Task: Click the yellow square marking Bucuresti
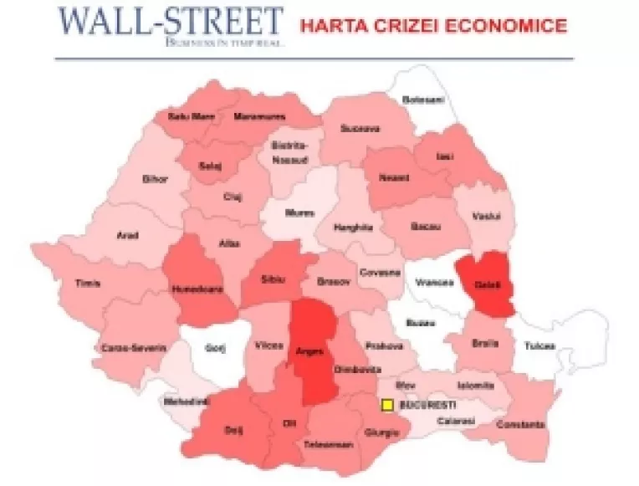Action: point(387,406)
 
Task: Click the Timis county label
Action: point(88,284)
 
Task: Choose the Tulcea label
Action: point(539,345)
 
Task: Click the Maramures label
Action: point(259,116)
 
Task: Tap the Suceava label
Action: point(360,129)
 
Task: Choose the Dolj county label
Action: point(233,430)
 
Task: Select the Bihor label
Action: point(156,179)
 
